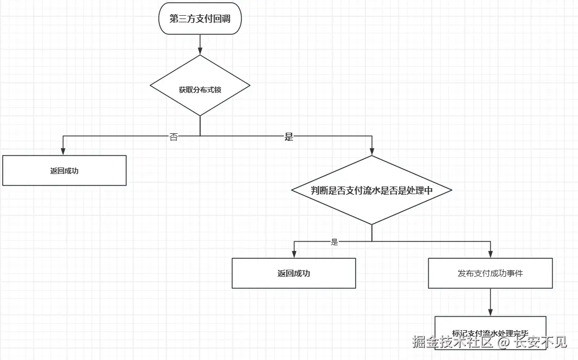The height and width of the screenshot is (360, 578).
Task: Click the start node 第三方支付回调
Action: (200, 18)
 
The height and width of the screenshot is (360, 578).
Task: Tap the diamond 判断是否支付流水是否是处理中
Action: (372, 190)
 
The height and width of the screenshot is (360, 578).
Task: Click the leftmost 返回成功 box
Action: (64, 171)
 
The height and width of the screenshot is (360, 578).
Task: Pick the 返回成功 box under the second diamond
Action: (294, 273)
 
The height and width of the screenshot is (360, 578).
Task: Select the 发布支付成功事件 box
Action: (490, 273)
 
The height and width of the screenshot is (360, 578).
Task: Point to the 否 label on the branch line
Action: (173, 137)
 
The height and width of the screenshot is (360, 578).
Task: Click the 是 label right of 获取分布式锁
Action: (289, 137)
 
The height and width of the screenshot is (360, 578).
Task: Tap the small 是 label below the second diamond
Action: (334, 242)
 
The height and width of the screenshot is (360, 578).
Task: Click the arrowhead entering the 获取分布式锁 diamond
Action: (200, 51)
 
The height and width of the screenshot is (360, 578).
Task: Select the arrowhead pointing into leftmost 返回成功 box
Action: (64, 152)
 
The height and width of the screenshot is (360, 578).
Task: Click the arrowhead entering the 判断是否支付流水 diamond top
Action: (372, 152)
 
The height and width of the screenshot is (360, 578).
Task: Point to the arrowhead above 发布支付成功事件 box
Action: (490, 255)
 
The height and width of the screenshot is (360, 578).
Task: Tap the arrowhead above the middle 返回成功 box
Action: (294, 255)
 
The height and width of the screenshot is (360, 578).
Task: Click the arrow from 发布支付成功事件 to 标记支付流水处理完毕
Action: (490, 302)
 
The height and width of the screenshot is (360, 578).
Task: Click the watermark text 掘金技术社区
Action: (452, 342)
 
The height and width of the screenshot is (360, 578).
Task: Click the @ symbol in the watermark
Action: (504, 342)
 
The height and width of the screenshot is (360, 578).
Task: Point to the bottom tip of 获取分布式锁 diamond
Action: (200, 116)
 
